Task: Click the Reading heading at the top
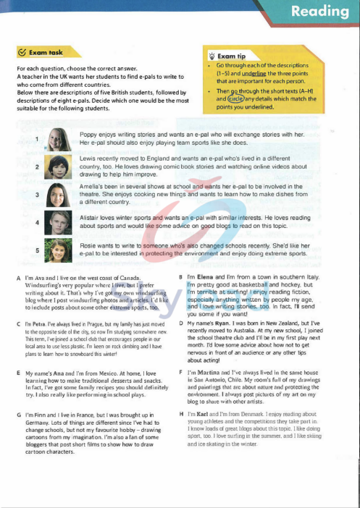coord(319,12)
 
